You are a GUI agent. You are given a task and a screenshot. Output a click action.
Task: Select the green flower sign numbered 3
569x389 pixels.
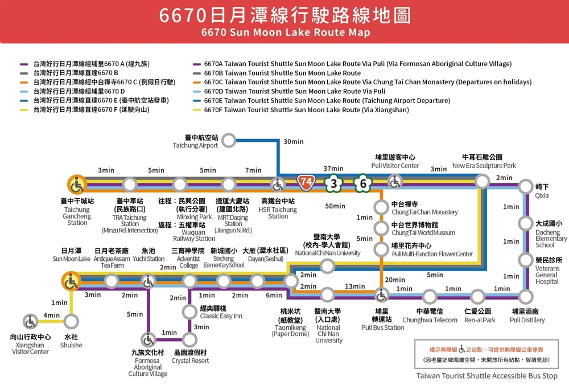click(334, 183)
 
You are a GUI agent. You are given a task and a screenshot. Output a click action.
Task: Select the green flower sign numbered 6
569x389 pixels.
click(363, 183)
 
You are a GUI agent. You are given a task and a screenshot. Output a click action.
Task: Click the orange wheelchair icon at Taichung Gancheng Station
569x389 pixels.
click(77, 185)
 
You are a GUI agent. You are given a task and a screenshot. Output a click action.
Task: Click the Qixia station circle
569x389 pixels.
click(526, 185)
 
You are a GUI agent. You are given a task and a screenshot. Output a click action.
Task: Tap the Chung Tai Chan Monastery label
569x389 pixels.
click(424, 208)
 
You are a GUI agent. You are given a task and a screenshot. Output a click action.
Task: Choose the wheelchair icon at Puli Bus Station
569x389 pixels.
click(381, 295)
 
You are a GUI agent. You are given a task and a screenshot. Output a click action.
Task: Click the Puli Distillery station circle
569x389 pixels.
click(526, 296)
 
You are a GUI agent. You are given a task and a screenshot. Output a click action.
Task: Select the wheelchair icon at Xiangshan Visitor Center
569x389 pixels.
click(30, 322)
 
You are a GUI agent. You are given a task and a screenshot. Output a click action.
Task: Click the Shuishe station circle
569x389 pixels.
click(71, 322)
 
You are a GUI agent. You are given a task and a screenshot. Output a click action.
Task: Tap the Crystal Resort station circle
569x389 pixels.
click(190, 340)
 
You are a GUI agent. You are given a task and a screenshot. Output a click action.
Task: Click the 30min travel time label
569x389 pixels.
click(293, 142)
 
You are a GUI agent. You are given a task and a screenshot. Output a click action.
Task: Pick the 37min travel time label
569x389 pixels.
click(333, 169)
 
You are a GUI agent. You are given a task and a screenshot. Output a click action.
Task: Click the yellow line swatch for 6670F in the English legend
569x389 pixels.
click(197, 110)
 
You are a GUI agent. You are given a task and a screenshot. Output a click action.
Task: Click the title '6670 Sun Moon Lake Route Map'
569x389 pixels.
click(285, 32)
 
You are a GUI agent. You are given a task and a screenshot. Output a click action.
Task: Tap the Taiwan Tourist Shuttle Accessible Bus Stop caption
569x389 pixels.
click(486, 376)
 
